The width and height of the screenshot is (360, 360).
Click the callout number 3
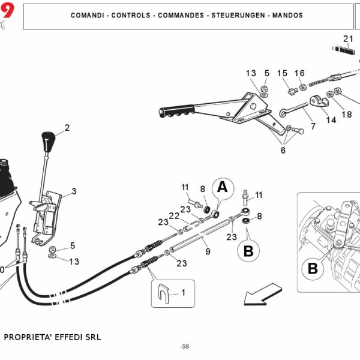pos(74,191)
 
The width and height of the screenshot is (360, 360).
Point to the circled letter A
pos(223,187)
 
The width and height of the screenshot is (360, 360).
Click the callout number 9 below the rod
pos(208,252)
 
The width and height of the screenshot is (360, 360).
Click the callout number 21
pos(348,40)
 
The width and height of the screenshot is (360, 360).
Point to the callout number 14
pos(331,120)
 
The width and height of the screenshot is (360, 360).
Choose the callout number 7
pos(312,127)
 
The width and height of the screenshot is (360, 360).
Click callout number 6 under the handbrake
pos(283,151)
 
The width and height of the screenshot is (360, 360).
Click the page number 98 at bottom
pos(185,347)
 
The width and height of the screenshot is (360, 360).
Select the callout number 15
pos(282,73)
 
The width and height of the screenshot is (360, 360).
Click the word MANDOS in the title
pos(287,15)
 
